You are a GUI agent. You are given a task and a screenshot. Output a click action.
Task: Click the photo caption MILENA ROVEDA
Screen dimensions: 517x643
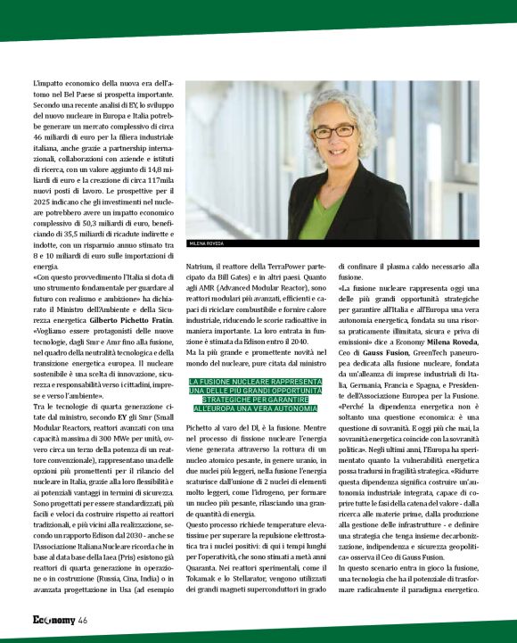coord(205,243)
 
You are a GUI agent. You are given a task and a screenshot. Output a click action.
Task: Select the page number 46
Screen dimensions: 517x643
coord(82,620)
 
